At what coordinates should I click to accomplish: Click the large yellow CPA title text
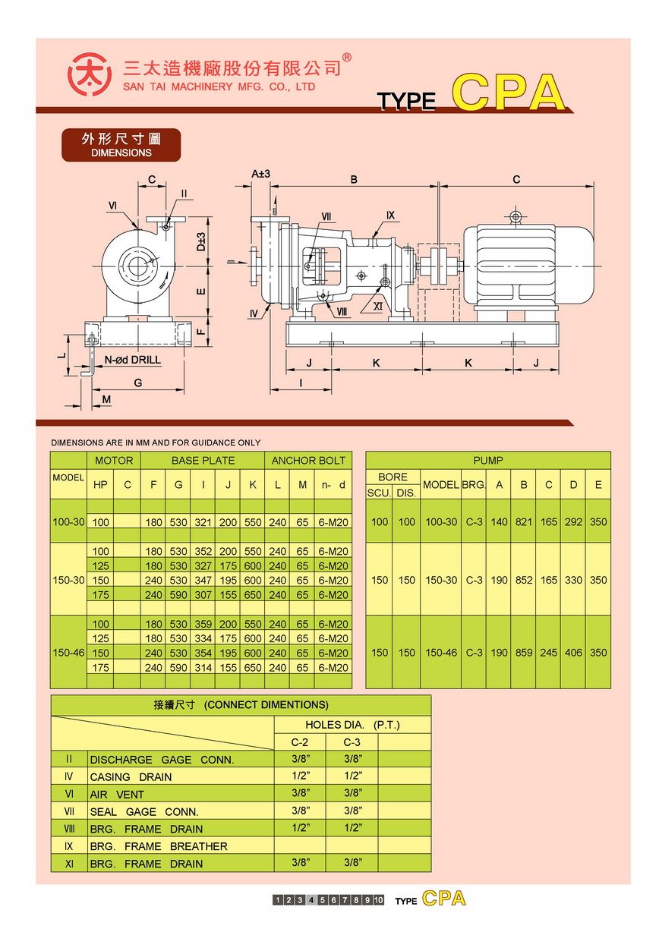click(509, 93)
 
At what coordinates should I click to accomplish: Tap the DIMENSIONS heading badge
click(121, 145)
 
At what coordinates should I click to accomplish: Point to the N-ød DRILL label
click(132, 360)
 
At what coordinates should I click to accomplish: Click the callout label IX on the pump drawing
click(390, 216)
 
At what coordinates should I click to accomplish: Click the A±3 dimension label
click(261, 174)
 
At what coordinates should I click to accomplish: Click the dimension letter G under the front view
click(138, 383)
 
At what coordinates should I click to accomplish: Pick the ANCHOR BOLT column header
click(308, 460)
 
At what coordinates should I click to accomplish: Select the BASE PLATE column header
click(203, 460)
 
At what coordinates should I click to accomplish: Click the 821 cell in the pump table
click(524, 522)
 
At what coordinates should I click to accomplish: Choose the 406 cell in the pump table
click(573, 653)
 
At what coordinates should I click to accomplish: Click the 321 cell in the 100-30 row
click(203, 522)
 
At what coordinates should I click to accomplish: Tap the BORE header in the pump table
click(393, 477)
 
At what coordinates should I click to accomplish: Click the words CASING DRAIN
click(131, 777)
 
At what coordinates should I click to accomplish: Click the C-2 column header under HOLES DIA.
click(300, 742)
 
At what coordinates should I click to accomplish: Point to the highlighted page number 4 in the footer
click(311, 900)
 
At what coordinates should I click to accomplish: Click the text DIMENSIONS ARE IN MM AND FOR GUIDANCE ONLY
click(156, 442)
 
